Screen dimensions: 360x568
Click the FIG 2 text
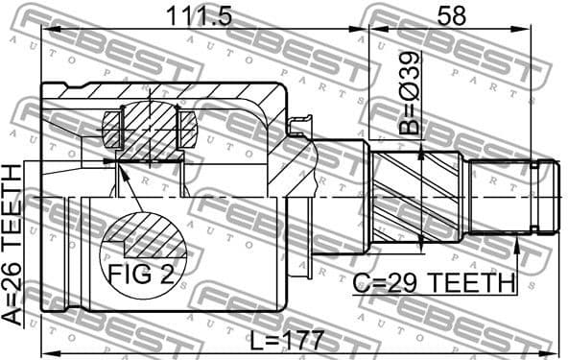(140, 276)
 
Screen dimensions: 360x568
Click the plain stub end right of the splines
(509, 197)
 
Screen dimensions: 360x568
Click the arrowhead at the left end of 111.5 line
(45, 31)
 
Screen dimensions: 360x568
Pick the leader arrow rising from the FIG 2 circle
(122, 173)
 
